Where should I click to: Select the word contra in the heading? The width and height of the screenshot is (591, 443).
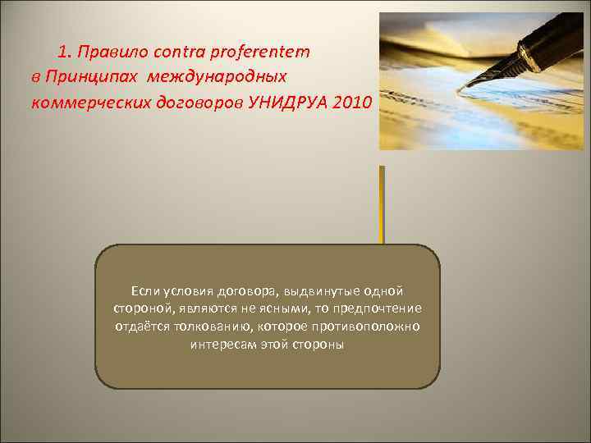point(174,52)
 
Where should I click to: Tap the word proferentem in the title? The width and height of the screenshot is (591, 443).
point(260,52)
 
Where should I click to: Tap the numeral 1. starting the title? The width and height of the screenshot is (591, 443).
point(65,52)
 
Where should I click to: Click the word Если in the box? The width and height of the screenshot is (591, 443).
point(144,291)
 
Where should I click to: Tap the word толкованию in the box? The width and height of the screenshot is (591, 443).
point(204,327)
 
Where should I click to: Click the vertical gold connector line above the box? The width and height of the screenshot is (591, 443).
point(382,204)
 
